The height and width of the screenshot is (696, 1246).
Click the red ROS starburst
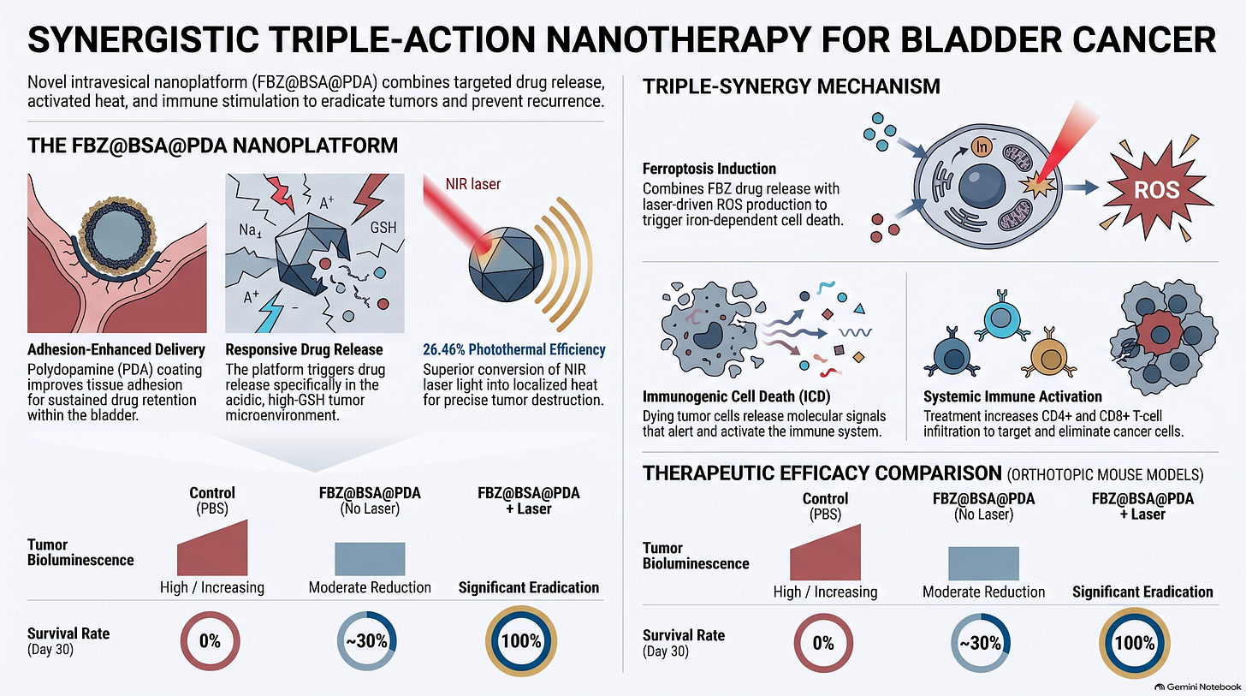(x=1156, y=190)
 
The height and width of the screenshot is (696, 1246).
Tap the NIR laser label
(x=472, y=184)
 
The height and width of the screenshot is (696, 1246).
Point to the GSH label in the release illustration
(x=383, y=228)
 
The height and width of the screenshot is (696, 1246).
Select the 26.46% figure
(x=443, y=349)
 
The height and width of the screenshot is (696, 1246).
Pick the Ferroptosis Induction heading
(x=709, y=169)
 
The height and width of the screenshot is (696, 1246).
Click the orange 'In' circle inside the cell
(x=982, y=147)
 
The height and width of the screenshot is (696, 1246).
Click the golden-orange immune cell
(x=1049, y=356)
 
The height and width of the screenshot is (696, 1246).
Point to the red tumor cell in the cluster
(x=1160, y=335)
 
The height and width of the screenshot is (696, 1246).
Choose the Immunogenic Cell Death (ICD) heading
(x=737, y=396)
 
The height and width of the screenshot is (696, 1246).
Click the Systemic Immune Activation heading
(x=1012, y=396)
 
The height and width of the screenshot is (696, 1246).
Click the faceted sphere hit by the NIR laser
(x=506, y=264)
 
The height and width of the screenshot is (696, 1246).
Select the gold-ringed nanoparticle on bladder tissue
(x=116, y=236)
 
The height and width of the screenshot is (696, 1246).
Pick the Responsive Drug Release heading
(x=304, y=349)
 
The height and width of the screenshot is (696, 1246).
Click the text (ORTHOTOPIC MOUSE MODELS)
(x=1106, y=475)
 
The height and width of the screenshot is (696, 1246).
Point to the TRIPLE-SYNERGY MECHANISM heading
(x=791, y=86)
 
